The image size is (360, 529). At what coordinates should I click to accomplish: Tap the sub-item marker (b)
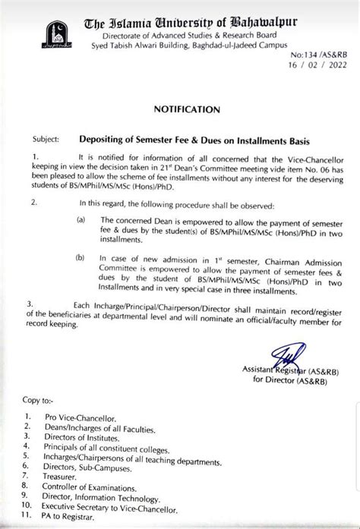coord(81,258)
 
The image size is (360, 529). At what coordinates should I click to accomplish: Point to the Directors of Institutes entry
coord(84,438)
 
